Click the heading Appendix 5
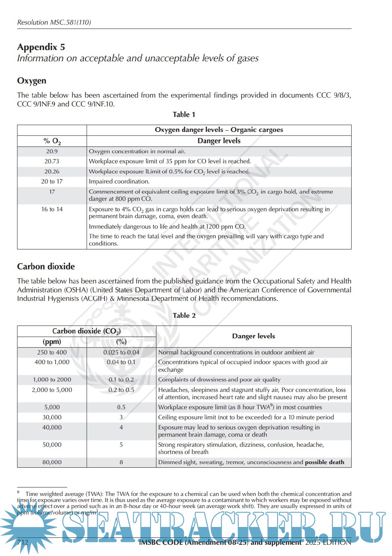coord(41,47)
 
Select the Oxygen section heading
coord(31,81)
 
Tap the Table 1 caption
coord(184,115)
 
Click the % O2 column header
coord(52,141)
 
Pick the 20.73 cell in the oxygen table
coord(52,161)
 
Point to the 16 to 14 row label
coord(52,209)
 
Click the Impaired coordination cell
coord(119,181)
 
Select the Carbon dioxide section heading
coord(46,267)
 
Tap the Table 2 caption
coord(184,316)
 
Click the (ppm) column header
coord(52,342)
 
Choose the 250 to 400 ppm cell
coord(52,352)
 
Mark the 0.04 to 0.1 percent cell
coord(121,362)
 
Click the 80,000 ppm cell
coord(52,462)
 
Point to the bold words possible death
coord(325,462)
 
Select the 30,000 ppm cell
coord(52,417)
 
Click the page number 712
coord(23,542)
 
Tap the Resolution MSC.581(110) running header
coord(54,23)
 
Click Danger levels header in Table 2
coord(253,336)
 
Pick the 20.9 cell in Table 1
coord(52,152)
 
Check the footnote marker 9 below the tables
coord(18,492)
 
